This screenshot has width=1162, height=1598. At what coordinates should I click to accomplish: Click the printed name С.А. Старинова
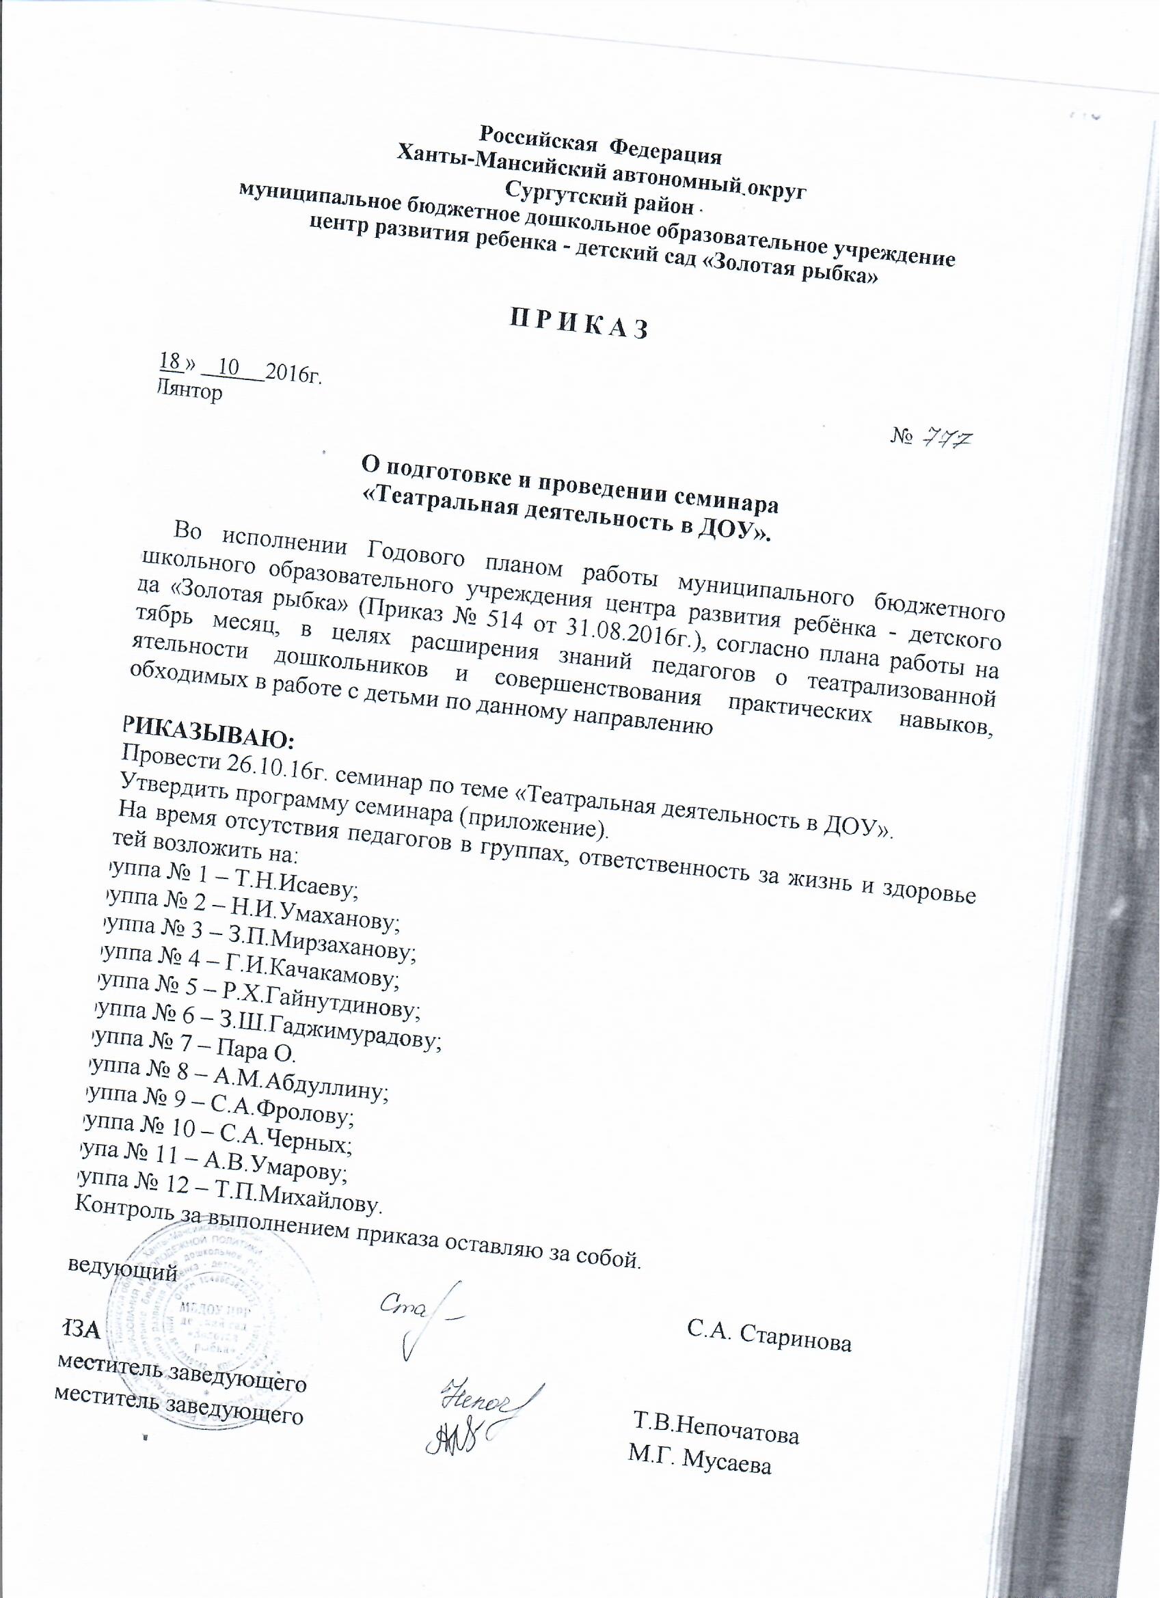(x=769, y=1342)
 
